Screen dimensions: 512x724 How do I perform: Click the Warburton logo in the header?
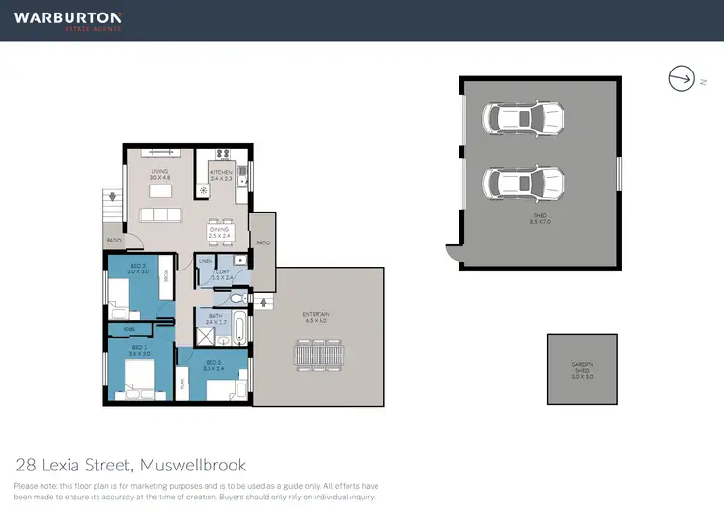(68, 20)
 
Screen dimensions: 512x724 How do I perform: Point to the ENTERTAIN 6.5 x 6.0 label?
(317, 317)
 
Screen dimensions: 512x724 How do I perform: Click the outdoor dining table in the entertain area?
(317, 355)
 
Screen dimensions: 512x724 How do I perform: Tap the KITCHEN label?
(222, 174)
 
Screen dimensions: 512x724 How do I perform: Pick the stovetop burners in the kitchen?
(222, 154)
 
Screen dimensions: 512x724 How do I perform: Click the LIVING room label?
(159, 174)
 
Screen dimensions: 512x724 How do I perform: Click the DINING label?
(220, 232)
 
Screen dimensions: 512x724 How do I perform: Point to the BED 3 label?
(138, 269)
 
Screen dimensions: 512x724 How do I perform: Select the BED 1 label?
(138, 349)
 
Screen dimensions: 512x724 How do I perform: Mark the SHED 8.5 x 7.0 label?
(540, 221)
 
